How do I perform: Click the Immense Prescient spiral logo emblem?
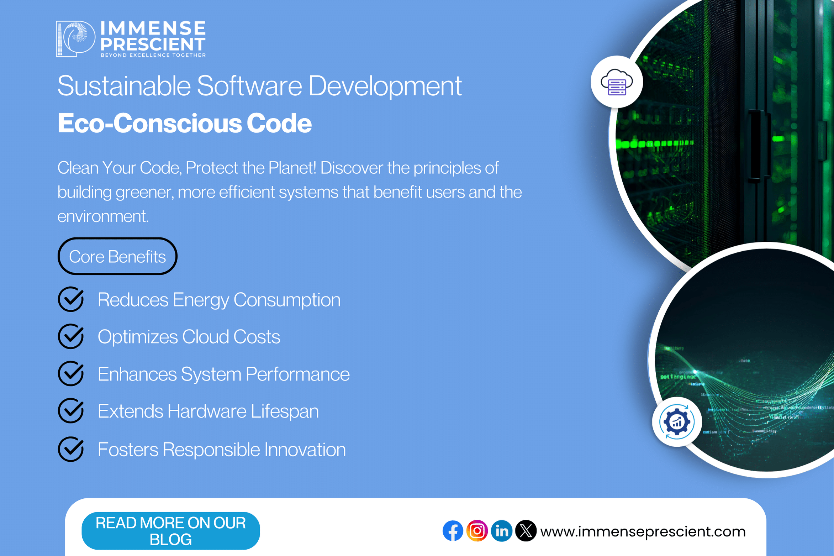point(76,39)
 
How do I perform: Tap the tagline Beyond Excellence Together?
point(153,55)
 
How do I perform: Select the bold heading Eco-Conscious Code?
point(185,123)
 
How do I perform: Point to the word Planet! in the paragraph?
point(292,168)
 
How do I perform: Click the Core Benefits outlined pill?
point(117,256)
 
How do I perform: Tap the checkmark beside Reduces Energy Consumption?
point(71,299)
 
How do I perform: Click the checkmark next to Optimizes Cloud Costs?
point(71,336)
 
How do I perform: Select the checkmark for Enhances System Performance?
point(71,374)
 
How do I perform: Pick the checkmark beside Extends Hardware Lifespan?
point(71,411)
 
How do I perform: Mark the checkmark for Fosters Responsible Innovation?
point(71,449)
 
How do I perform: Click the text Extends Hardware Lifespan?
point(208,411)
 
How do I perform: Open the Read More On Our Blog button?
point(171,531)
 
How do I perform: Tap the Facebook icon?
point(453,531)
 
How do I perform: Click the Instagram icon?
point(477,531)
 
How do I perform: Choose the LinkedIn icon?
point(502,531)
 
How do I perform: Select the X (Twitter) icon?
point(526,531)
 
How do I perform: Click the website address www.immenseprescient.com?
point(643,531)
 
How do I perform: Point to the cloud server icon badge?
point(617,82)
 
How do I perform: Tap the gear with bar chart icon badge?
point(677,422)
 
